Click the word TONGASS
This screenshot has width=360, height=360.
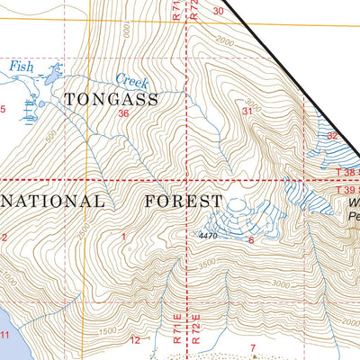[111, 100]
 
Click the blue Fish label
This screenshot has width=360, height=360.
[21, 66]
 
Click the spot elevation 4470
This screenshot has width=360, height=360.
[209, 237]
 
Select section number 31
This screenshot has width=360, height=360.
[247, 111]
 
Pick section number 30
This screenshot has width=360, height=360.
[219, 11]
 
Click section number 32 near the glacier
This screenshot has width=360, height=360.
[332, 136]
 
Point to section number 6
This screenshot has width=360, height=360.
[251, 240]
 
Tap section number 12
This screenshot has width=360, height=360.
[135, 340]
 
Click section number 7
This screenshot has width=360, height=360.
[253, 347]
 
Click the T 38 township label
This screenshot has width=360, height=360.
[347, 172]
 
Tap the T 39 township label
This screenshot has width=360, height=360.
[347, 190]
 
